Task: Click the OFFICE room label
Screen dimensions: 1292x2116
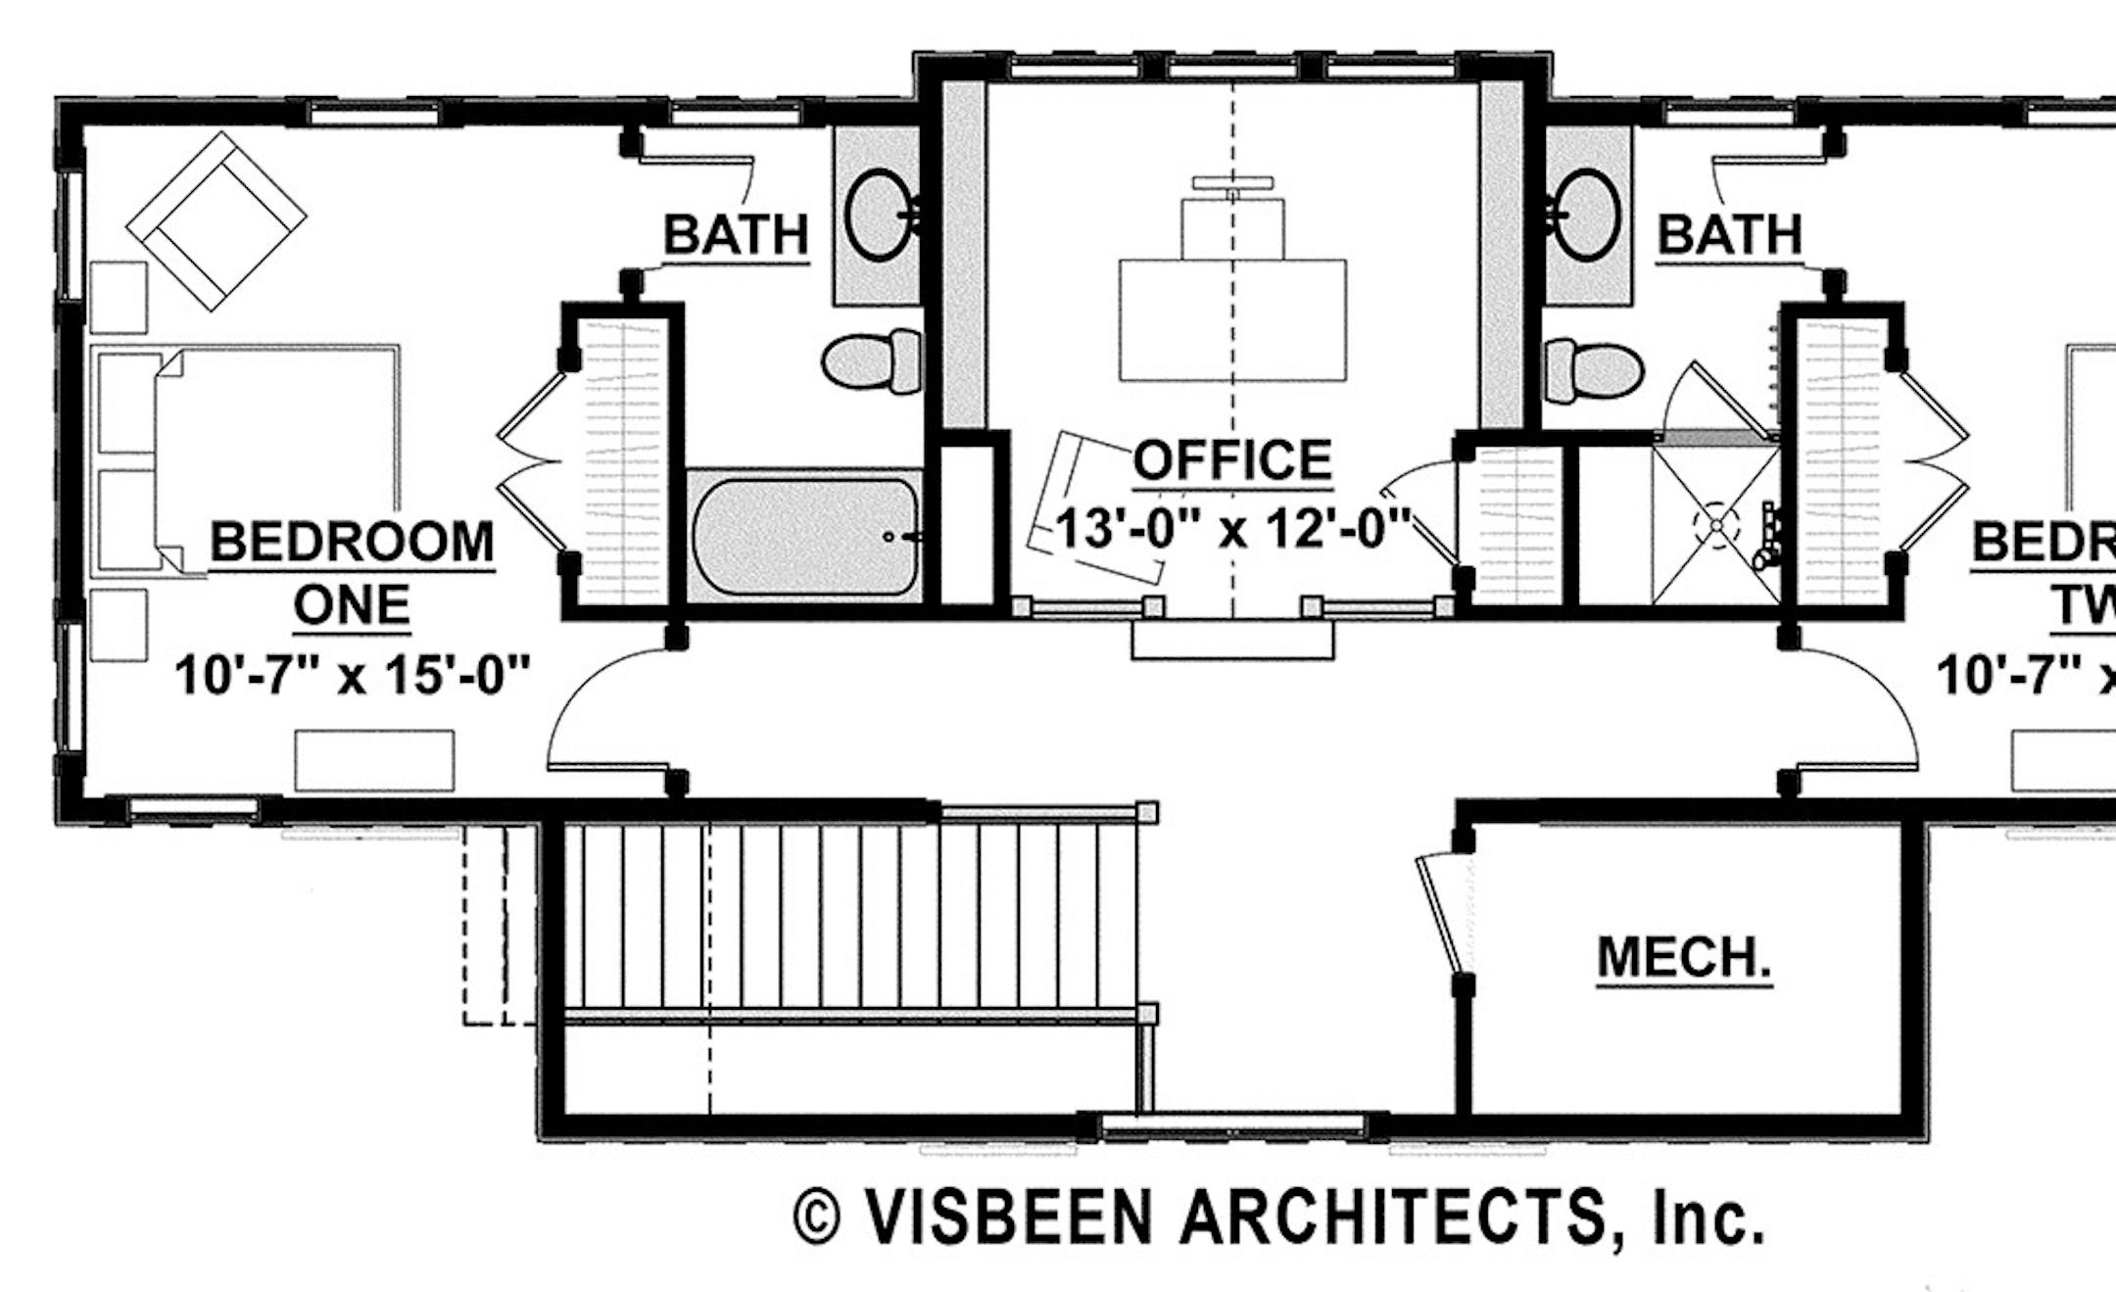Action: point(1232,459)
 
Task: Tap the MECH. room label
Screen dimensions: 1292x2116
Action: point(1684,957)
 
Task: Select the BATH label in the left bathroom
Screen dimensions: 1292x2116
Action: point(737,235)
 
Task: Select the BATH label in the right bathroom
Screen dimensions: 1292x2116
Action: point(1729,235)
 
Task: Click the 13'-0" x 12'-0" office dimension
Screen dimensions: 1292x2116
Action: point(1232,530)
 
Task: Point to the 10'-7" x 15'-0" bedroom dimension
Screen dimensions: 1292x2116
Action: point(353,675)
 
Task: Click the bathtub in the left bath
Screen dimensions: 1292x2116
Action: point(803,536)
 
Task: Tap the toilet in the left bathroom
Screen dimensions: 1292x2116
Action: point(870,361)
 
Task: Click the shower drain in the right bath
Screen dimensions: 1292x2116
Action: point(1716,525)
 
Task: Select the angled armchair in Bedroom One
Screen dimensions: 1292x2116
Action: point(216,221)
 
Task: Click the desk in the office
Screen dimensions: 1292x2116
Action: point(1232,319)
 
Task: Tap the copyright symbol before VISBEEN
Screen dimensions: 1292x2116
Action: point(817,1218)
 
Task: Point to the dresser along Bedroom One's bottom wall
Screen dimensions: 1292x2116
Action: point(374,760)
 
